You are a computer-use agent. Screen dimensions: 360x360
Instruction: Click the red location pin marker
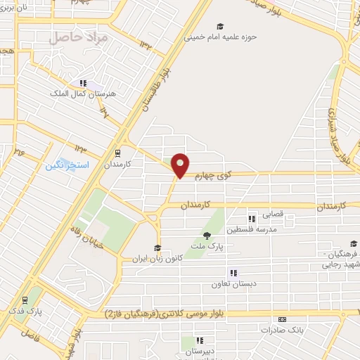pos(181,165)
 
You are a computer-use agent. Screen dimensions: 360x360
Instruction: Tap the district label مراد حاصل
pos(79,37)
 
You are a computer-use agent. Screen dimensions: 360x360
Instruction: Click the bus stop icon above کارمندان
pos(117,153)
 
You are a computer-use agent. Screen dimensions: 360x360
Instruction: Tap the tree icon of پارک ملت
pos(206,236)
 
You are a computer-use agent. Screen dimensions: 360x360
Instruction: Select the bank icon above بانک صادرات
pos(282,319)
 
